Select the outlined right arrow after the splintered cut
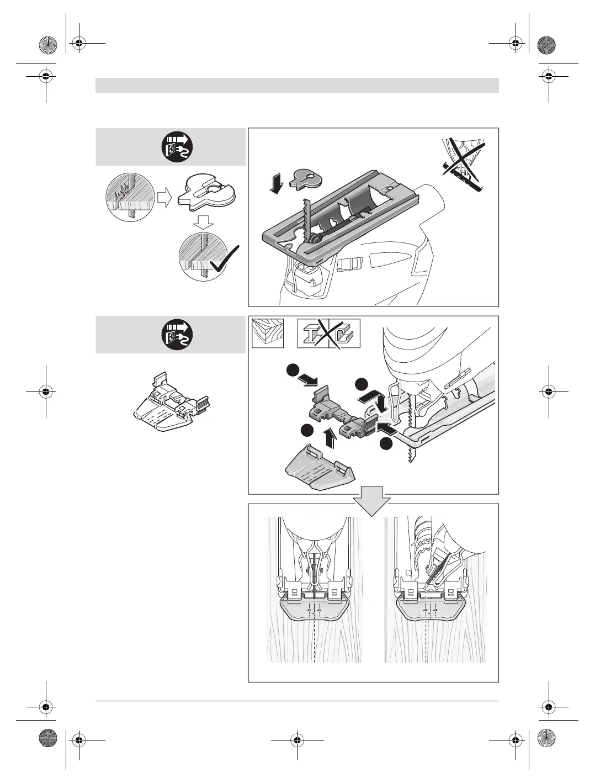(x=164, y=197)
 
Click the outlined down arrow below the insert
(x=204, y=223)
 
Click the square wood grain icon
(x=268, y=334)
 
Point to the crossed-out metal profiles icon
(x=328, y=334)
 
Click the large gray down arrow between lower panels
(x=372, y=499)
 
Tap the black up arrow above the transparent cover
(x=330, y=439)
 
